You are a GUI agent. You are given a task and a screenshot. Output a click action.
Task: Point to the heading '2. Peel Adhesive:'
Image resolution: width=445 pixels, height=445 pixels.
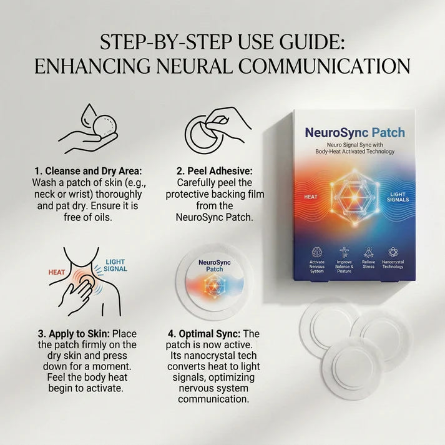[214, 171]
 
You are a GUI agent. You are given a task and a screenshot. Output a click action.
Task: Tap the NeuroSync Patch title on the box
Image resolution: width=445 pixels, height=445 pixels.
[354, 133]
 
